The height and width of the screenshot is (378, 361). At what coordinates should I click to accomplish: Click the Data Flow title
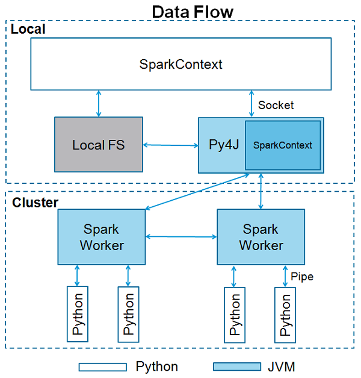coord(192,11)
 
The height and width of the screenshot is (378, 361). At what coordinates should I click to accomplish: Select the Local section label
coord(28,29)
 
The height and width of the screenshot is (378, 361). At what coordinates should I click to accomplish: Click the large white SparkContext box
coord(180,65)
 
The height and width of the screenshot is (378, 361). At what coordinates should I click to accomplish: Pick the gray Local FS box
coord(99,145)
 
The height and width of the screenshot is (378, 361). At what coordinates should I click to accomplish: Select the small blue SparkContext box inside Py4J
coord(282,145)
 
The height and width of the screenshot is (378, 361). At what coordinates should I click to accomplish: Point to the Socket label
coord(276,106)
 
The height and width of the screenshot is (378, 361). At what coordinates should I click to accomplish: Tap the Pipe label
coord(302,277)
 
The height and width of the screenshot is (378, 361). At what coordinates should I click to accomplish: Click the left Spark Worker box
coord(102,237)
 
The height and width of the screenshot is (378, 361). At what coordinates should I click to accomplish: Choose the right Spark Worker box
coord(261,237)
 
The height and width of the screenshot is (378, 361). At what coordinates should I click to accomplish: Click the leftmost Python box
coord(78,313)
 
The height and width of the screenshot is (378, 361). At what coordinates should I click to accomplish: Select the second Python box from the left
coord(128,313)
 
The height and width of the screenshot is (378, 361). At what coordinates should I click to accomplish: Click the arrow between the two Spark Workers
coord(181,237)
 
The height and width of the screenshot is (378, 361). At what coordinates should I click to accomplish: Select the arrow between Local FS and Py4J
coord(171,145)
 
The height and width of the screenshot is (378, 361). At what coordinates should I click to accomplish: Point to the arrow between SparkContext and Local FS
coord(99,104)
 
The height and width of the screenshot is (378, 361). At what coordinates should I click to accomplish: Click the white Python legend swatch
coord(102,367)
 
